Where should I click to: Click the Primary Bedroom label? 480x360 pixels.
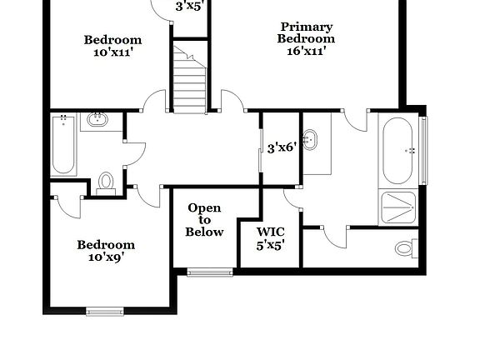pos(307,32)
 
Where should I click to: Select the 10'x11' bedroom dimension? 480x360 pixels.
pos(112,52)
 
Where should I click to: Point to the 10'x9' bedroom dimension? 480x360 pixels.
pos(106,257)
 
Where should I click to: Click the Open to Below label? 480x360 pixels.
pos(204,220)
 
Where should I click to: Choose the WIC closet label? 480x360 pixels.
pos(271,233)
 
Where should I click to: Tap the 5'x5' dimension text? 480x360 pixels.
pos(271,246)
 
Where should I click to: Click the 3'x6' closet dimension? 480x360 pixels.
pos(282,148)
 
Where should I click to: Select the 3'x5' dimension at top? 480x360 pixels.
pos(190,7)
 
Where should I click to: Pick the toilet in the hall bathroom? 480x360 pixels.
pos(106,182)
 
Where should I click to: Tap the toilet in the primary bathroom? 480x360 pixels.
pos(405,247)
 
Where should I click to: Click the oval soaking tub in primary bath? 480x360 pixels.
pos(398,150)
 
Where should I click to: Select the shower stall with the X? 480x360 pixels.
pos(398,207)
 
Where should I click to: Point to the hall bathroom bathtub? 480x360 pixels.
pos(63,146)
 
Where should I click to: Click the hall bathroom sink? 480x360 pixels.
pos(97,119)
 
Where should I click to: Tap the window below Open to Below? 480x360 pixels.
pos(210,271)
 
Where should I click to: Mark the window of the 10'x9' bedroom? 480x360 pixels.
pos(105,312)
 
